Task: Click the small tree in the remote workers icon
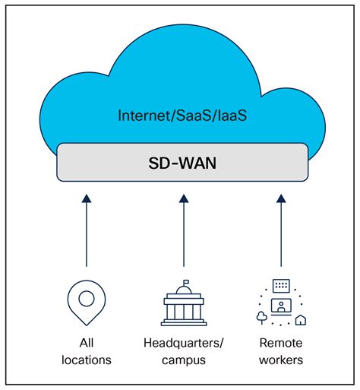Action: (x=262, y=316)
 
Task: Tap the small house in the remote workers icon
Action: (x=301, y=319)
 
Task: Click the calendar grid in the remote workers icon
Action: (x=281, y=285)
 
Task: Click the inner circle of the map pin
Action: (x=86, y=296)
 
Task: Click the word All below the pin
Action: (x=86, y=342)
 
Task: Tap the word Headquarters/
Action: (x=183, y=342)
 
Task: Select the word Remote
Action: (x=280, y=342)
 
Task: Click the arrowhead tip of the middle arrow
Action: (x=183, y=197)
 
